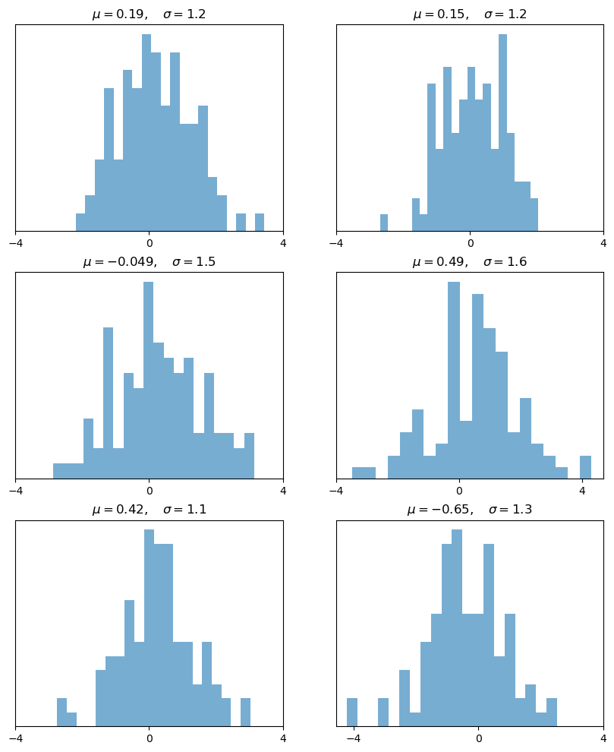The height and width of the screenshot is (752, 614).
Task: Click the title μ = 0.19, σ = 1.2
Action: (x=149, y=14)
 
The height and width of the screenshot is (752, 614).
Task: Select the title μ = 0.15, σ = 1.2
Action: (x=470, y=14)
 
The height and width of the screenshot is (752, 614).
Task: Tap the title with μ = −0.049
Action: (x=149, y=262)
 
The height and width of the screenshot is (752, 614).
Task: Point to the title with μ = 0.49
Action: (x=470, y=262)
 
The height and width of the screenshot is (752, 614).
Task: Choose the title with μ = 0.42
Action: (x=149, y=510)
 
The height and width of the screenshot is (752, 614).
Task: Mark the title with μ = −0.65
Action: (x=470, y=510)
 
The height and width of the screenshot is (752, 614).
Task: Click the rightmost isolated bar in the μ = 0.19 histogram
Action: (x=260, y=222)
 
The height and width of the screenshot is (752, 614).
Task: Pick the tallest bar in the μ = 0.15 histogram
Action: (x=502, y=133)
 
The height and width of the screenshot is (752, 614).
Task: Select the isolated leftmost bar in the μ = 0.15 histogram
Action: (x=384, y=223)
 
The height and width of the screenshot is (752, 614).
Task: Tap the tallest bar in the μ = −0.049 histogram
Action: (x=149, y=380)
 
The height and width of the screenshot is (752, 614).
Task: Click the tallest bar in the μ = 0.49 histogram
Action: (x=454, y=380)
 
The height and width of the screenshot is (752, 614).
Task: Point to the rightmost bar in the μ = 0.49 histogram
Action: (x=585, y=467)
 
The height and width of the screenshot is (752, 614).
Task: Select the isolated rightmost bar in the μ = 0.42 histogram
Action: (x=245, y=712)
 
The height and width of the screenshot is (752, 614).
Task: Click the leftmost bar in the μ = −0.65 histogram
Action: (x=352, y=712)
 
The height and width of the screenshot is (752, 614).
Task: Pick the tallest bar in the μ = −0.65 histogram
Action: (x=457, y=627)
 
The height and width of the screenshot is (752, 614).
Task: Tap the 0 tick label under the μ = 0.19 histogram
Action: (x=149, y=243)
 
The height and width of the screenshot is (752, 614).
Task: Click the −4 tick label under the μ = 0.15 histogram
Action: (x=336, y=243)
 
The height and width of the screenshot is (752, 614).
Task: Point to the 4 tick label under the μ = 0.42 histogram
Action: (x=283, y=738)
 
